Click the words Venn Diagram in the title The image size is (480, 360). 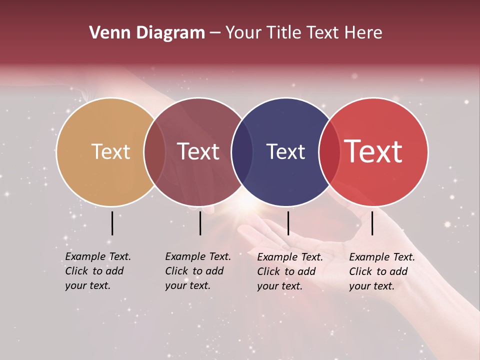(x=146, y=33)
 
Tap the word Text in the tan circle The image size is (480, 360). (x=110, y=151)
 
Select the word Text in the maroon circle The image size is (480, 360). (x=198, y=151)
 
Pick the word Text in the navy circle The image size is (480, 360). (x=285, y=151)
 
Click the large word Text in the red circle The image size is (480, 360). (x=373, y=151)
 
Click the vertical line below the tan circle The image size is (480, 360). (x=112, y=223)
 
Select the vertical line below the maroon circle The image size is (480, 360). (x=200, y=223)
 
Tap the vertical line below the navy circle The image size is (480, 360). (x=288, y=223)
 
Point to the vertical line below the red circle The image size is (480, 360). (x=372, y=223)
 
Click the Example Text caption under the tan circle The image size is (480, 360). (x=97, y=271)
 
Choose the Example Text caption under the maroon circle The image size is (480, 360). (x=197, y=271)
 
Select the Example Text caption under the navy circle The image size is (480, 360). (x=289, y=271)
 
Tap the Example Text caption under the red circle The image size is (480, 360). (x=381, y=271)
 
